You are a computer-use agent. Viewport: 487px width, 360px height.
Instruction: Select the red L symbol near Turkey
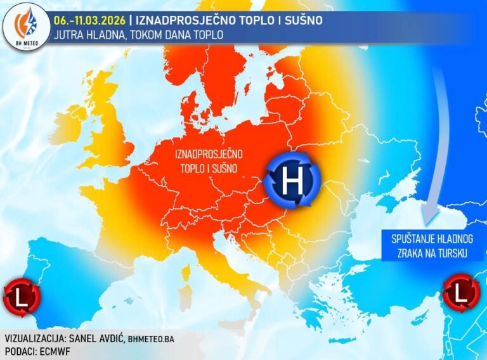(462, 292)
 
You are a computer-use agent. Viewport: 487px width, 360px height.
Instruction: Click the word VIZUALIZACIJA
(33, 338)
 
